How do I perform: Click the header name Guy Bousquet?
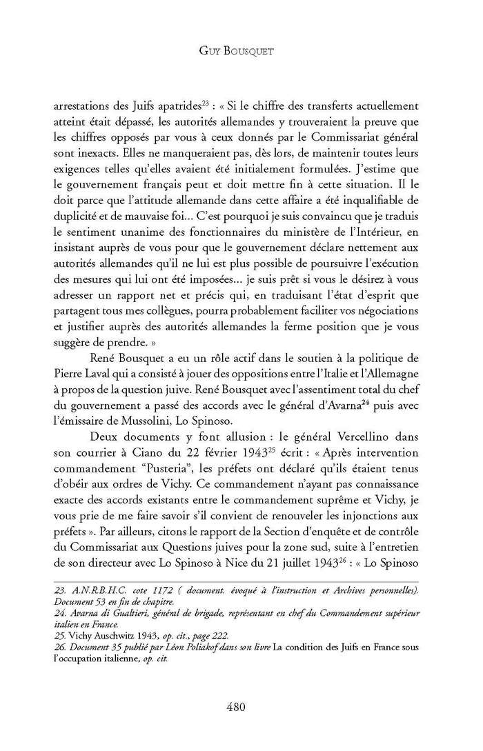[x=241, y=50]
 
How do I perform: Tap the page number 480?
[x=241, y=707]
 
